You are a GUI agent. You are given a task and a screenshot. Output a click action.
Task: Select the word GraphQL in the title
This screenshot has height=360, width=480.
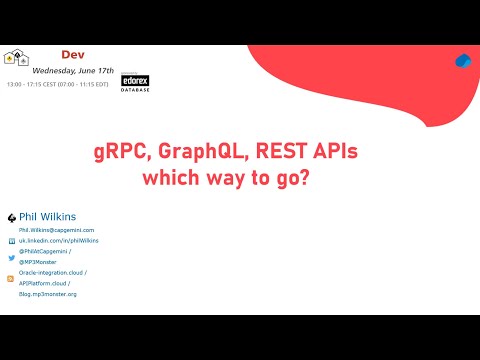click(x=192, y=154)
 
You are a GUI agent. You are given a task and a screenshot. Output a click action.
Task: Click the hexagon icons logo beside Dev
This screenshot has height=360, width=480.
click(x=17, y=59)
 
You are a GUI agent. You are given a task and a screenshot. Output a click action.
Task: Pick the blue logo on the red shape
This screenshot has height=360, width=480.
click(x=462, y=61)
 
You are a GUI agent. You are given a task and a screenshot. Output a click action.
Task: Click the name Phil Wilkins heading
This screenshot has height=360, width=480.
click(x=48, y=216)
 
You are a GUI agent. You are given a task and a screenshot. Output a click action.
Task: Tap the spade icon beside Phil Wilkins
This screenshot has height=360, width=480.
click(x=11, y=217)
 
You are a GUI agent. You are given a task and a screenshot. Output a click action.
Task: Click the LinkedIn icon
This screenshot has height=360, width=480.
click(x=11, y=241)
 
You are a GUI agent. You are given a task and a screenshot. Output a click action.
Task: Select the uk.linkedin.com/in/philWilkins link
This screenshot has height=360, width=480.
click(x=58, y=241)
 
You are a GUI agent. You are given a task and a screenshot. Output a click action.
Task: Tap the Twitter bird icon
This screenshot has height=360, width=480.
click(x=11, y=258)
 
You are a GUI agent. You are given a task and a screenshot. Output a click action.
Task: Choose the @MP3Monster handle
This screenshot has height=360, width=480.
click(x=39, y=262)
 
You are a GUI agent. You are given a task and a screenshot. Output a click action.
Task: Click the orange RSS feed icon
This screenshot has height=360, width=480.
click(x=11, y=279)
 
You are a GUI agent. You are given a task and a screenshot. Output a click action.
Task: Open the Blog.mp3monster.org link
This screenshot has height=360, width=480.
click(x=47, y=294)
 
